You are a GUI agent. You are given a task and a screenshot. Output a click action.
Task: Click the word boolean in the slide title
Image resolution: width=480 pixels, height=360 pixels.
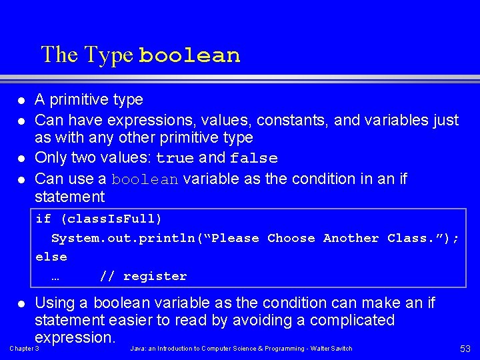coord(189,55)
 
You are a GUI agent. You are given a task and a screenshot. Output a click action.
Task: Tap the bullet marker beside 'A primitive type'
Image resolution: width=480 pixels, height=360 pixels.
coord(21,101)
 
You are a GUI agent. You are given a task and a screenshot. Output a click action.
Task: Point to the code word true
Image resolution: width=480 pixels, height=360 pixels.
coord(175,159)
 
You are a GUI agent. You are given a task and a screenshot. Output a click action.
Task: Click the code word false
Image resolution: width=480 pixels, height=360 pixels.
coord(253,159)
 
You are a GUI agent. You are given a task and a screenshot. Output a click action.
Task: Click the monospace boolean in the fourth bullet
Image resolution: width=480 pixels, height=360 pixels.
coord(145,179)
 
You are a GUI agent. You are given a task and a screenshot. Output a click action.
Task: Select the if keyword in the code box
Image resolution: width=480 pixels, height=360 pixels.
coord(43,219)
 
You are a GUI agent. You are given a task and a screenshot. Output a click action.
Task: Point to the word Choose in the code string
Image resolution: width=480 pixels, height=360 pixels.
coord(291,238)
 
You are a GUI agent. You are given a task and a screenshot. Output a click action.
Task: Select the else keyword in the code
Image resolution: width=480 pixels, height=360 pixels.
coord(51,257)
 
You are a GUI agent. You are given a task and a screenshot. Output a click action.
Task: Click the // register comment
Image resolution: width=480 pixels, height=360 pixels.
coord(143,276)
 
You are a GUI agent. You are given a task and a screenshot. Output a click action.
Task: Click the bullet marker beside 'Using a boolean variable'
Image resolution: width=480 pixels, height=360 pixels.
coord(21,304)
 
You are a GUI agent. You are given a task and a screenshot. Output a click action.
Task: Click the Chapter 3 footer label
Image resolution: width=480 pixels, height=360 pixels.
coord(24,349)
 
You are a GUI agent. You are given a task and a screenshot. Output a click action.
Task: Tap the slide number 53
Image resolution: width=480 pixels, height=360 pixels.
coord(465,349)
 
